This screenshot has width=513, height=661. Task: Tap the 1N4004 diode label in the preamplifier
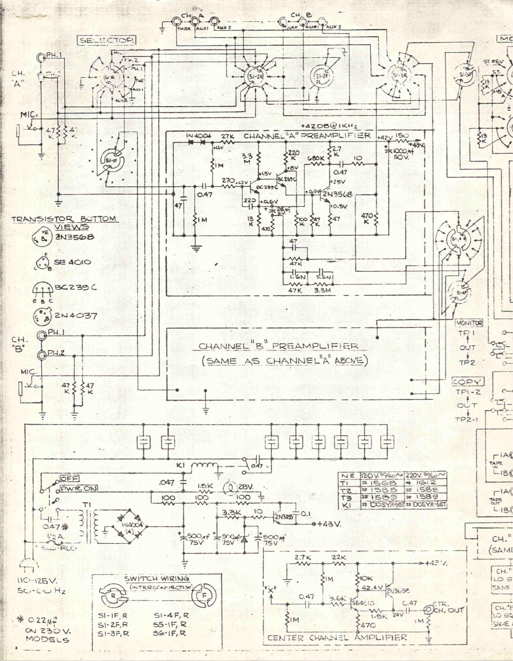pyautogui.click(x=198, y=136)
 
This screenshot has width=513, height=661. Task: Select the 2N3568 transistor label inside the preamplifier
pyautogui.click(x=337, y=194)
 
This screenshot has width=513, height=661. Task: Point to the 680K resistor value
pyautogui.click(x=316, y=158)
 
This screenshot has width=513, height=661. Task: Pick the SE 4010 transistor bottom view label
pyautogui.click(x=72, y=262)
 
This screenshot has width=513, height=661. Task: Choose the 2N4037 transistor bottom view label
pyautogui.click(x=76, y=315)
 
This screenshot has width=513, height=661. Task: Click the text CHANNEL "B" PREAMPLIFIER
pyautogui.click(x=279, y=346)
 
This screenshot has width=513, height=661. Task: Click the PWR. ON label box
pyautogui.click(x=79, y=489)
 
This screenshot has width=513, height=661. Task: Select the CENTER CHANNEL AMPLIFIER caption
pyautogui.click(x=337, y=637)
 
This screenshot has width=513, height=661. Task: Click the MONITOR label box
pyautogui.click(x=468, y=323)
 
